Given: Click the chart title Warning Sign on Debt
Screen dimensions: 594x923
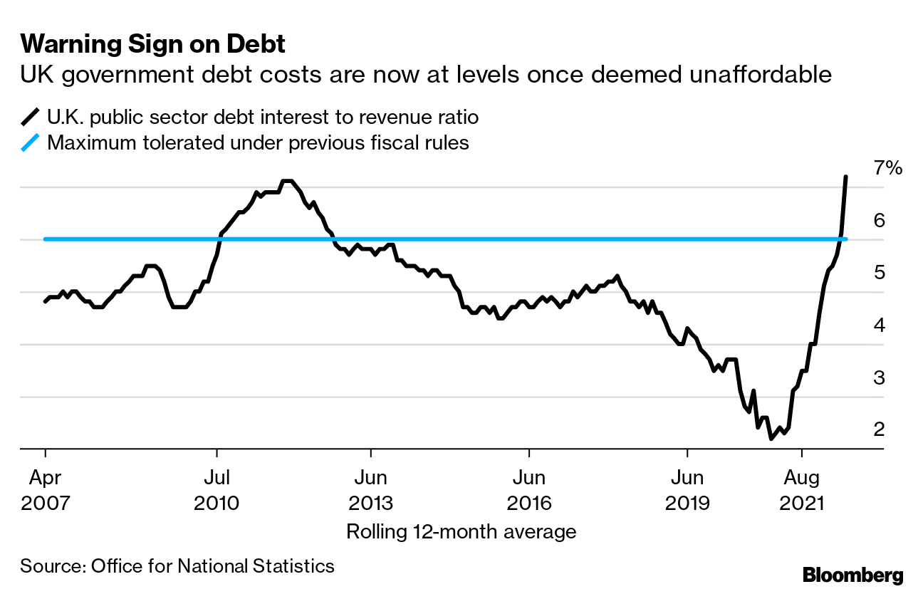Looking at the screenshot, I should (x=152, y=44).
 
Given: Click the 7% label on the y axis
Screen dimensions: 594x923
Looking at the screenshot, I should (x=888, y=168).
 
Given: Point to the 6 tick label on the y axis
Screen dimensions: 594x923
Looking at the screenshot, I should (x=879, y=220).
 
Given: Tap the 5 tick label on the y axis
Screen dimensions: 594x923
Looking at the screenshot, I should (x=879, y=273).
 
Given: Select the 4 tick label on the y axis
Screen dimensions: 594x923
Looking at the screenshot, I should (x=879, y=325).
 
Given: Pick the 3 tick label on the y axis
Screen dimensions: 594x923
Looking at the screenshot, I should (x=879, y=377).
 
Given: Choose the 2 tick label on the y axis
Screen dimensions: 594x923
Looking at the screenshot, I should (x=879, y=429).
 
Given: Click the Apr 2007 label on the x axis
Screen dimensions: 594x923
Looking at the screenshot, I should (x=46, y=489).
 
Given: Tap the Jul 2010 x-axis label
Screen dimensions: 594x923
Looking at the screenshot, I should (x=216, y=489).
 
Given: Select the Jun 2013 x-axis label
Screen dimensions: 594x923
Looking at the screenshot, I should (x=370, y=489).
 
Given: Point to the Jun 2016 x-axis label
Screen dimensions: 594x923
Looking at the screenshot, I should (x=529, y=489).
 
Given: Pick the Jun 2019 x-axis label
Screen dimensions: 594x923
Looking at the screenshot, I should (x=687, y=489).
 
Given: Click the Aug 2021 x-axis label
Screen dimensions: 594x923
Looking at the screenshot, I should (x=802, y=489).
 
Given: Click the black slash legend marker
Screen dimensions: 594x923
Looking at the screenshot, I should (x=31, y=116).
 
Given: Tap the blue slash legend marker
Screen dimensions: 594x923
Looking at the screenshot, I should (x=31, y=142).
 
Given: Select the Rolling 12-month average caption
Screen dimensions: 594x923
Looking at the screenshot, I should (x=461, y=531).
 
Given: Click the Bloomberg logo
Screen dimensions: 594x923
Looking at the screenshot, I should (x=852, y=575).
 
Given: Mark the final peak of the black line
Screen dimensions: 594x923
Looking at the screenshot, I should (x=845, y=177).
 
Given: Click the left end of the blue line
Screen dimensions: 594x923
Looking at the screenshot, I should (x=46, y=239).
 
